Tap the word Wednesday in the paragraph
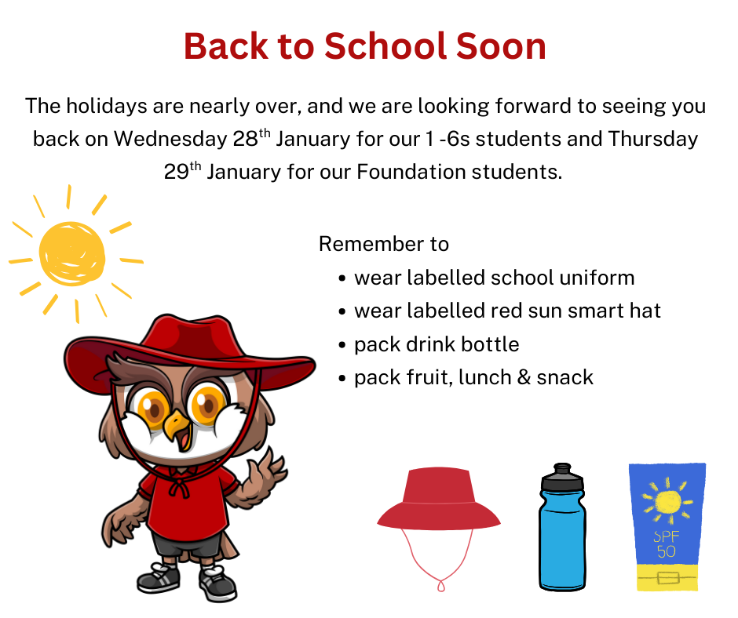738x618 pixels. coord(170,140)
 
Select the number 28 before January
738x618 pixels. coord(245,140)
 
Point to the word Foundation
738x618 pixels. coord(411,172)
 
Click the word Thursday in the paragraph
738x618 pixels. coord(652,140)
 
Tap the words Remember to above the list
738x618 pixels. coord(384,244)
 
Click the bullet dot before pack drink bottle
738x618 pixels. coord(342,345)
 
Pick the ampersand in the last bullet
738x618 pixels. coord(524,378)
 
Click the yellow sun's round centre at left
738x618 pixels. coord(72,254)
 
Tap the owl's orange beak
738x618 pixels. coord(177,426)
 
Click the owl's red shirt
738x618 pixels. coord(188,503)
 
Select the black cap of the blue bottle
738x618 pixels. coord(562,477)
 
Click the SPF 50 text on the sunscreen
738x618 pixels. coord(666,543)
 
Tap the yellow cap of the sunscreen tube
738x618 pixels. coord(667,577)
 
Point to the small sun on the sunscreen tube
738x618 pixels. coord(667,501)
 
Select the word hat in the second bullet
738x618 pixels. coord(645,311)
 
